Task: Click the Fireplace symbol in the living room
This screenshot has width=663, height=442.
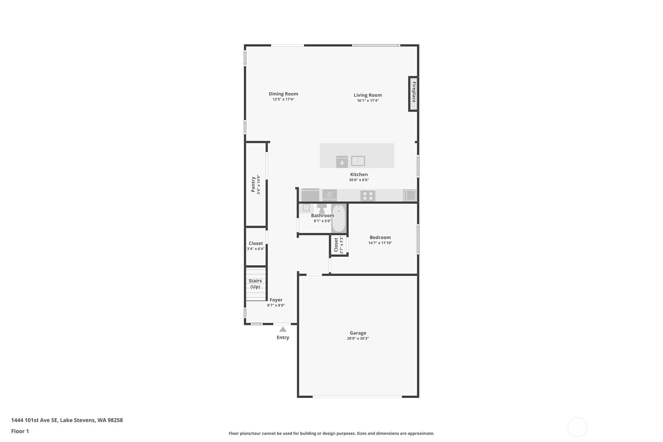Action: tap(413, 94)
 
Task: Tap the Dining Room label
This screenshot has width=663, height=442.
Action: tap(283, 94)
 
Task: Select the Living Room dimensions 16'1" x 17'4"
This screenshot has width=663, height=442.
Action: tap(368, 101)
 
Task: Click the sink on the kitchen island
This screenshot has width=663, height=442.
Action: tap(358, 161)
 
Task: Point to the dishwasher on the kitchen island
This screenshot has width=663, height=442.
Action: tap(342, 162)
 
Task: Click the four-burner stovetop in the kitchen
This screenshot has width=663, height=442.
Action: tap(368, 196)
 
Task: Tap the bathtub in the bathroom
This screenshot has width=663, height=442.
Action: tap(339, 218)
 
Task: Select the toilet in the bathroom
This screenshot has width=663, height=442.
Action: tap(322, 208)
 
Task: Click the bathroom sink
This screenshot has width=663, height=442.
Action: tap(306, 208)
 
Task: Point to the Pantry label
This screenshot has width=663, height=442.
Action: tap(253, 184)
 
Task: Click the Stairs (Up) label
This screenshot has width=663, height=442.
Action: tap(255, 284)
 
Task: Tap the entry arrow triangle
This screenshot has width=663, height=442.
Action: tap(283, 329)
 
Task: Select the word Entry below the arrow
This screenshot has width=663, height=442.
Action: tap(283, 338)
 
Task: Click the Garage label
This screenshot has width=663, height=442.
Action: tap(358, 333)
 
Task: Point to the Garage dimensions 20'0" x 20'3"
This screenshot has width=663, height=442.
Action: tap(358, 339)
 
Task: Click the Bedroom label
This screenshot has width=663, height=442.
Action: tap(380, 238)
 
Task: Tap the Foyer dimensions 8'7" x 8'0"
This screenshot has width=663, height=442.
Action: tap(276, 306)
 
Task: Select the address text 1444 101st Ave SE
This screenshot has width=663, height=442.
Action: tap(34, 420)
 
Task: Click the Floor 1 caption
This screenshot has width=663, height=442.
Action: tap(20, 431)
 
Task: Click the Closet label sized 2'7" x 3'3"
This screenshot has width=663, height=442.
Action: tap(336, 245)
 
